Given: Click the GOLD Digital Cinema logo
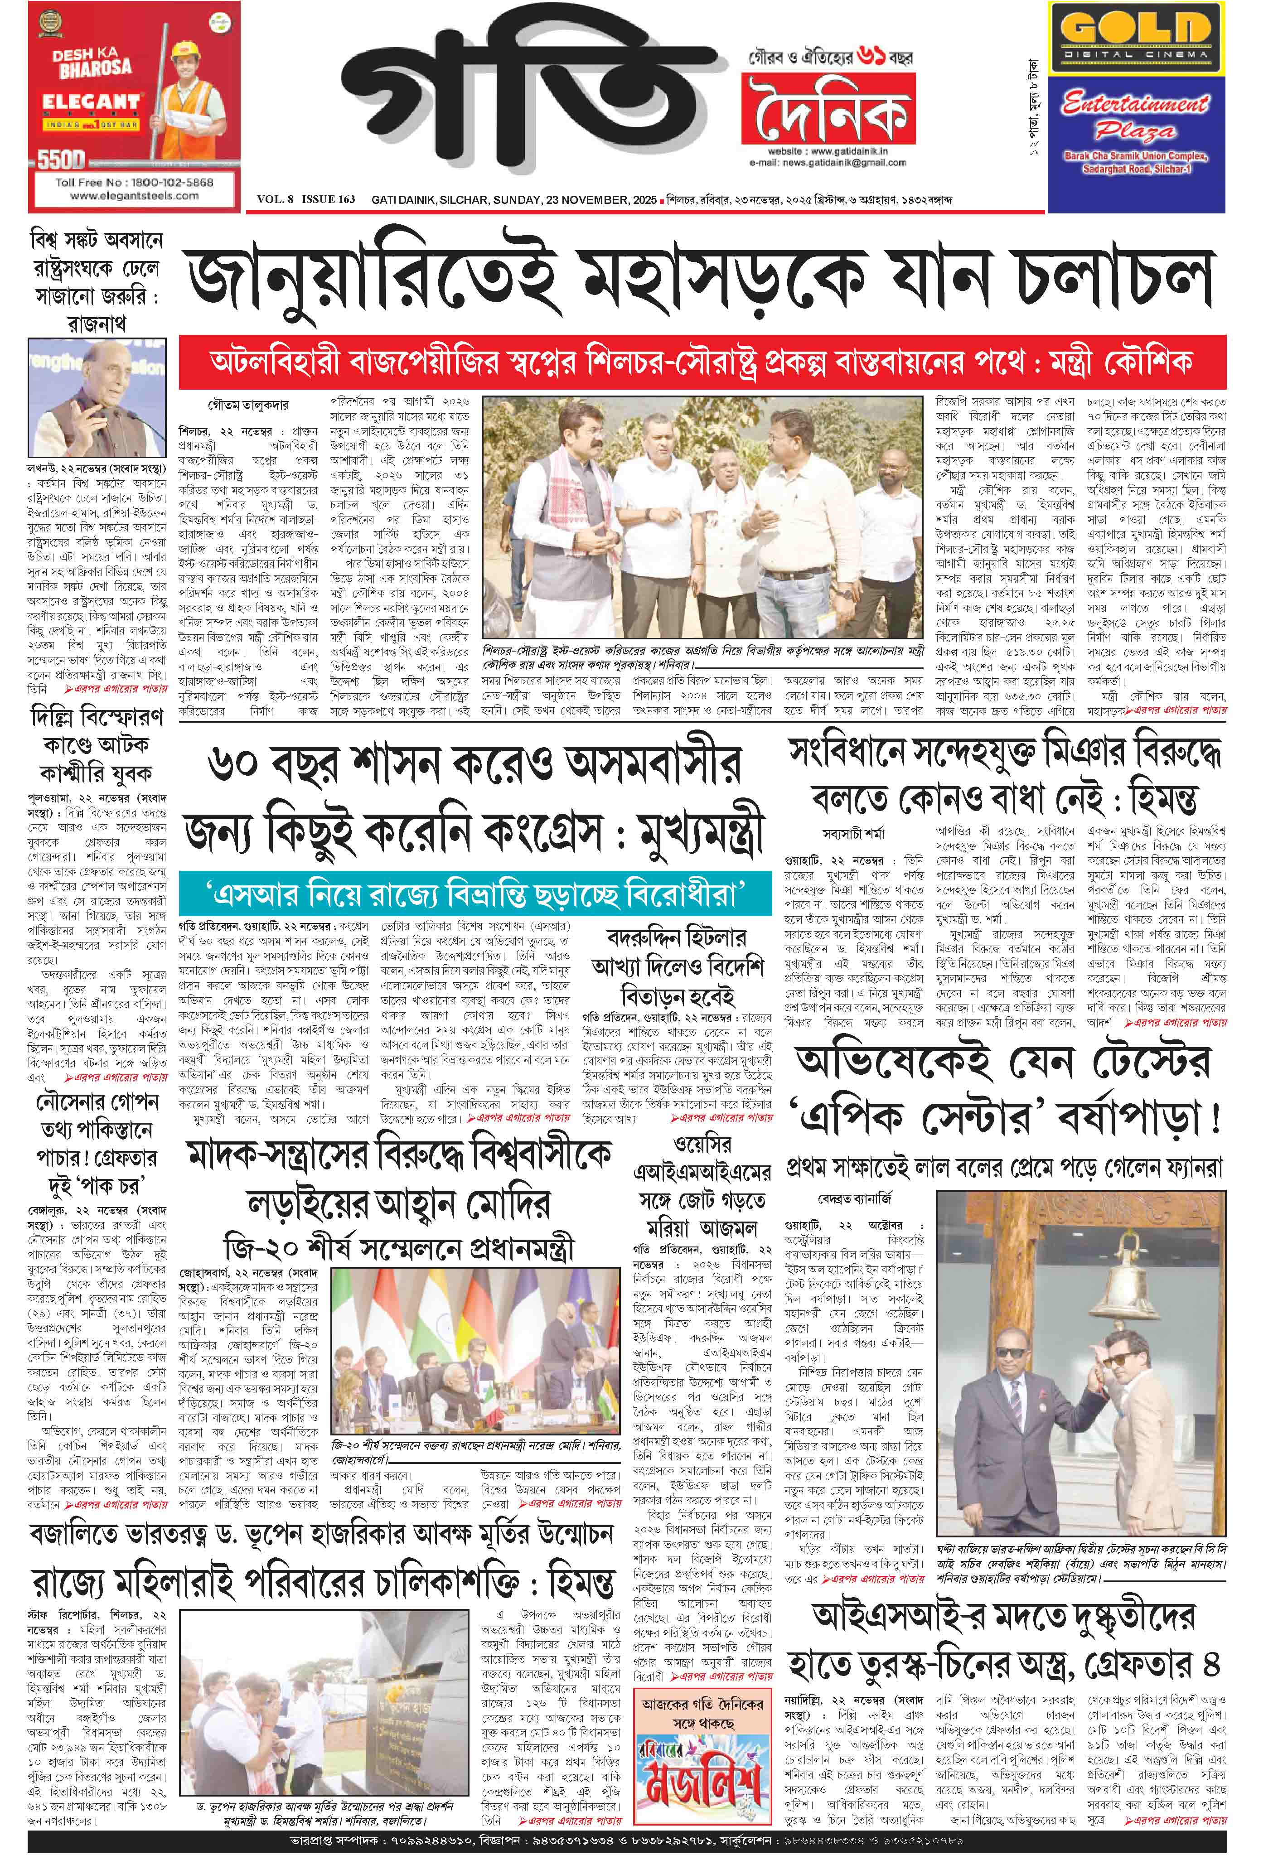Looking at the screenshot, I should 1135,36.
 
